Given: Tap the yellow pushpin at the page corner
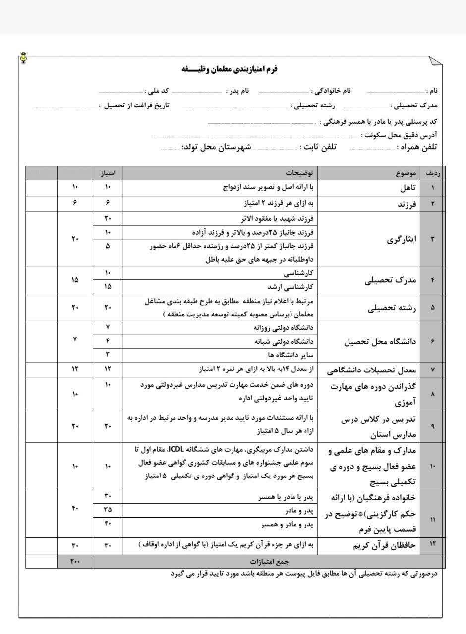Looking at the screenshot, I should tap(23, 57).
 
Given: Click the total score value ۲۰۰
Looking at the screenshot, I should tap(75, 561).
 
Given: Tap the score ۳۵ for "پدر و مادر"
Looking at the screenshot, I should tap(108, 509).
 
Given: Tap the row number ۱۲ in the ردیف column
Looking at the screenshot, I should tap(432, 545).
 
